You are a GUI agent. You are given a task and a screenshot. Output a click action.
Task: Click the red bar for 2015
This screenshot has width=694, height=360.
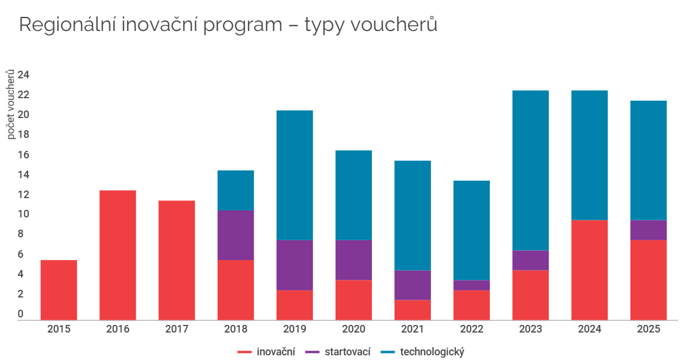pos(58,290)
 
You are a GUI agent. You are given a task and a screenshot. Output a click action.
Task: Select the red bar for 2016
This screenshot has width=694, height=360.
pos(118,255)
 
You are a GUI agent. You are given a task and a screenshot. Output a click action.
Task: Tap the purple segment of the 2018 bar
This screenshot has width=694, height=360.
pos(236,235)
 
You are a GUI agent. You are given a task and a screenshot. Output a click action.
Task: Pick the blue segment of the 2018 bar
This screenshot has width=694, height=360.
pos(236,190)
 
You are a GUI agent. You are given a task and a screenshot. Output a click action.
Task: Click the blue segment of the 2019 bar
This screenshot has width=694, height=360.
pos(294,175)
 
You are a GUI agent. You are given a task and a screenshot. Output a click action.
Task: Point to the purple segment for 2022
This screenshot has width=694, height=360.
pos(471,285)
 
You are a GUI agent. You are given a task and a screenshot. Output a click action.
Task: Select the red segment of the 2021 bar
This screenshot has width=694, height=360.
pos(412,310)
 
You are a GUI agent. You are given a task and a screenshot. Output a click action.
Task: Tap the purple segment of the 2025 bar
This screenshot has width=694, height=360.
pos(648,230)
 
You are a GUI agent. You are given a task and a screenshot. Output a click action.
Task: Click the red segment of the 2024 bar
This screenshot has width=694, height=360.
pos(589,269)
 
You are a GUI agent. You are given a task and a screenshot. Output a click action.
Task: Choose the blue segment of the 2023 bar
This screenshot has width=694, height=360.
pos(530,170)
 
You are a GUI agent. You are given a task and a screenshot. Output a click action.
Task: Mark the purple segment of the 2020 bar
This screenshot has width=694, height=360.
pos(353,260)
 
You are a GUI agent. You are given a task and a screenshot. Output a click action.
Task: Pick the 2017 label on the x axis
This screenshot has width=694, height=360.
pos(177,329)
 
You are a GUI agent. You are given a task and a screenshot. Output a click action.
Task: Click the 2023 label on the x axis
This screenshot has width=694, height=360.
pos(530,329)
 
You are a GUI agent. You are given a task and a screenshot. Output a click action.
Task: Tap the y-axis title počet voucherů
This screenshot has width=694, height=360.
pos(11,104)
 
